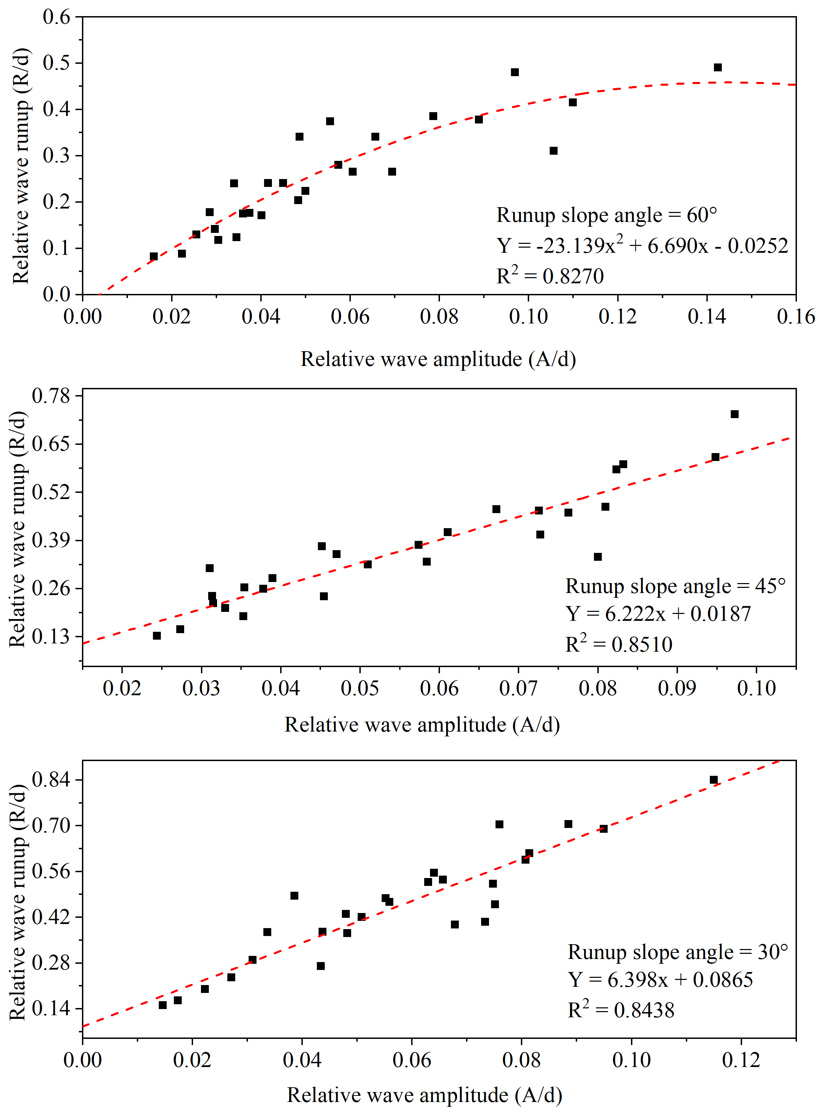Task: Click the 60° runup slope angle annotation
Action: pyautogui.click(x=606, y=216)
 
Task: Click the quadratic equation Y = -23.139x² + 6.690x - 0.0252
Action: pyautogui.click(x=642, y=246)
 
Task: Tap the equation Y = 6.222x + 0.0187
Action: pyautogui.click(x=658, y=614)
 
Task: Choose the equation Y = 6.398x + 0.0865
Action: pyautogui.click(x=660, y=980)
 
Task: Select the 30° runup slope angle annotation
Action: pyautogui.click(x=678, y=952)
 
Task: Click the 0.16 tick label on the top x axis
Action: pyautogui.click(x=796, y=317)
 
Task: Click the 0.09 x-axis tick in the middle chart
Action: pyautogui.click(x=677, y=688)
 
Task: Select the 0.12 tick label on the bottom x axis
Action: pyautogui.click(x=741, y=1060)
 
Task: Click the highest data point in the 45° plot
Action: pyautogui.click(x=734, y=414)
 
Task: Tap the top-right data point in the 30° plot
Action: pyautogui.click(x=713, y=780)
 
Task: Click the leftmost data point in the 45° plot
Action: pyautogui.click(x=157, y=636)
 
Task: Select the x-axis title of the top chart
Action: pyautogui.click(x=438, y=359)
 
